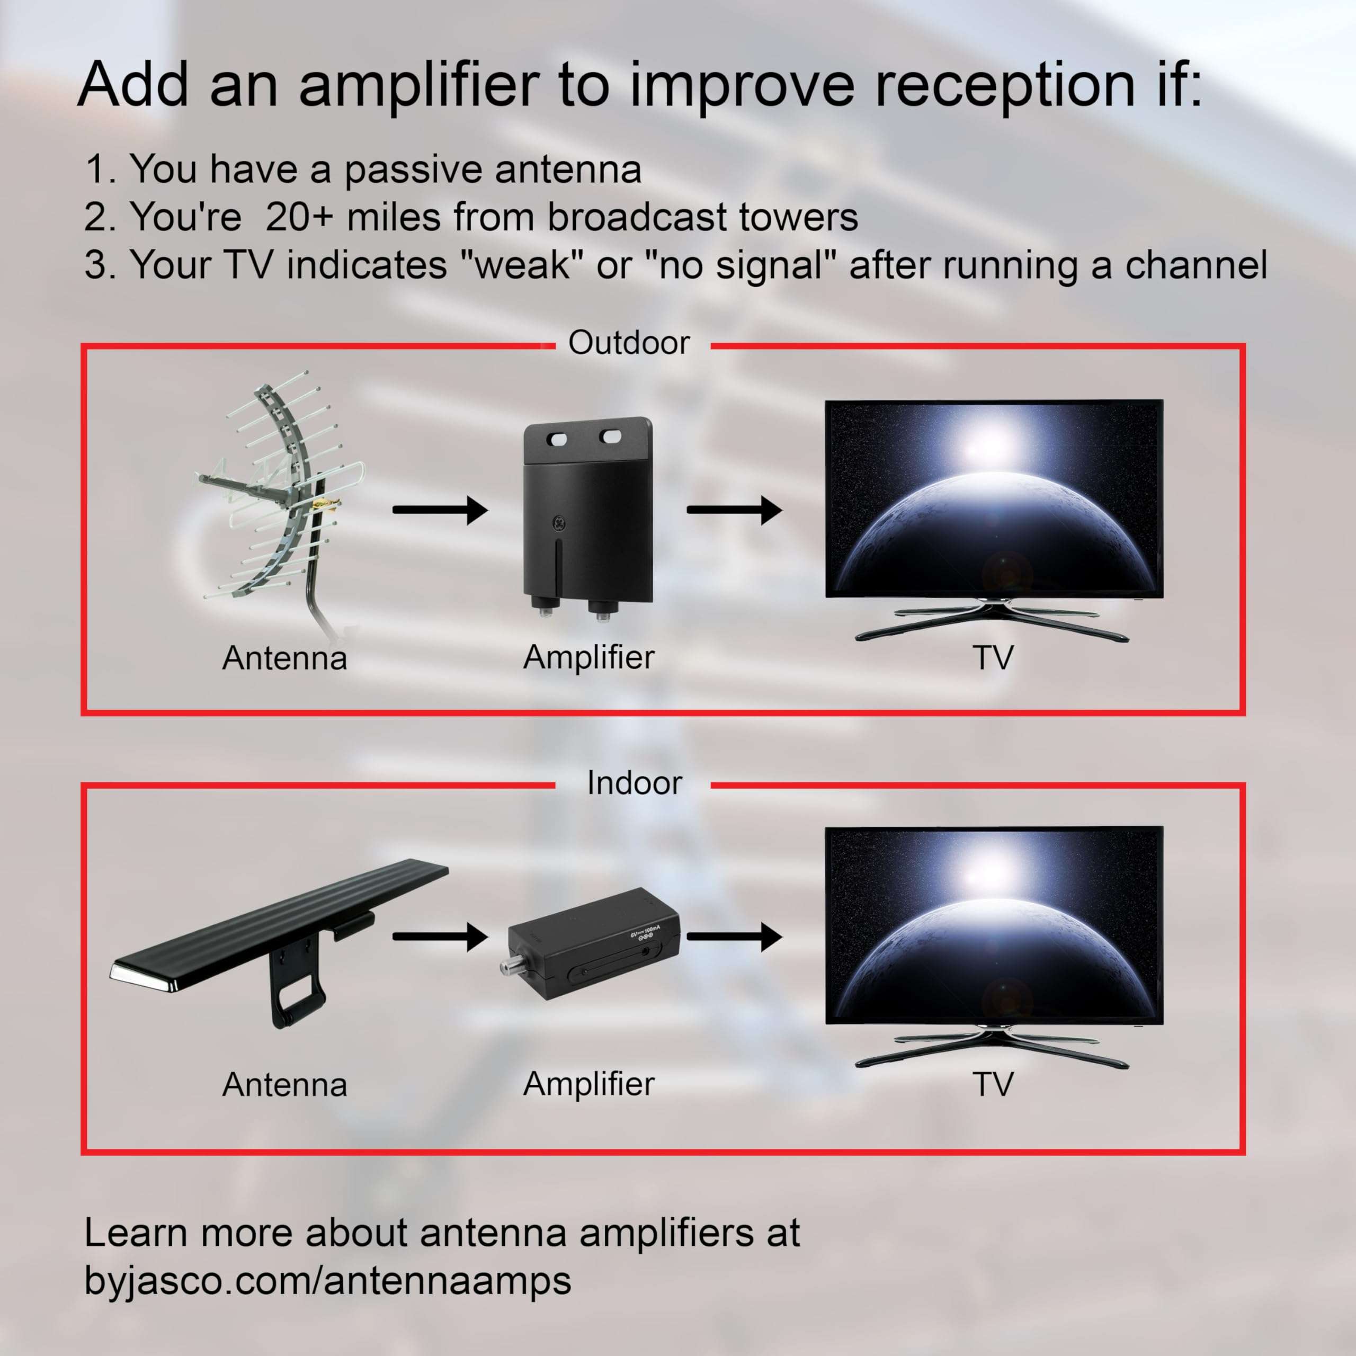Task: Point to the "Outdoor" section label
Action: click(x=629, y=343)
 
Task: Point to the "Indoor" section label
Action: click(x=634, y=783)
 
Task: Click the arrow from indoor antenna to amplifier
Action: click(x=439, y=936)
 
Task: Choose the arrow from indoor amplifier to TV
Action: click(x=734, y=936)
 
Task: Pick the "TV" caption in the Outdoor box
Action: click(x=993, y=658)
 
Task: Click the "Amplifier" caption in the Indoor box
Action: click(x=588, y=1084)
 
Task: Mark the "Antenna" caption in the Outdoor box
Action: click(x=284, y=658)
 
